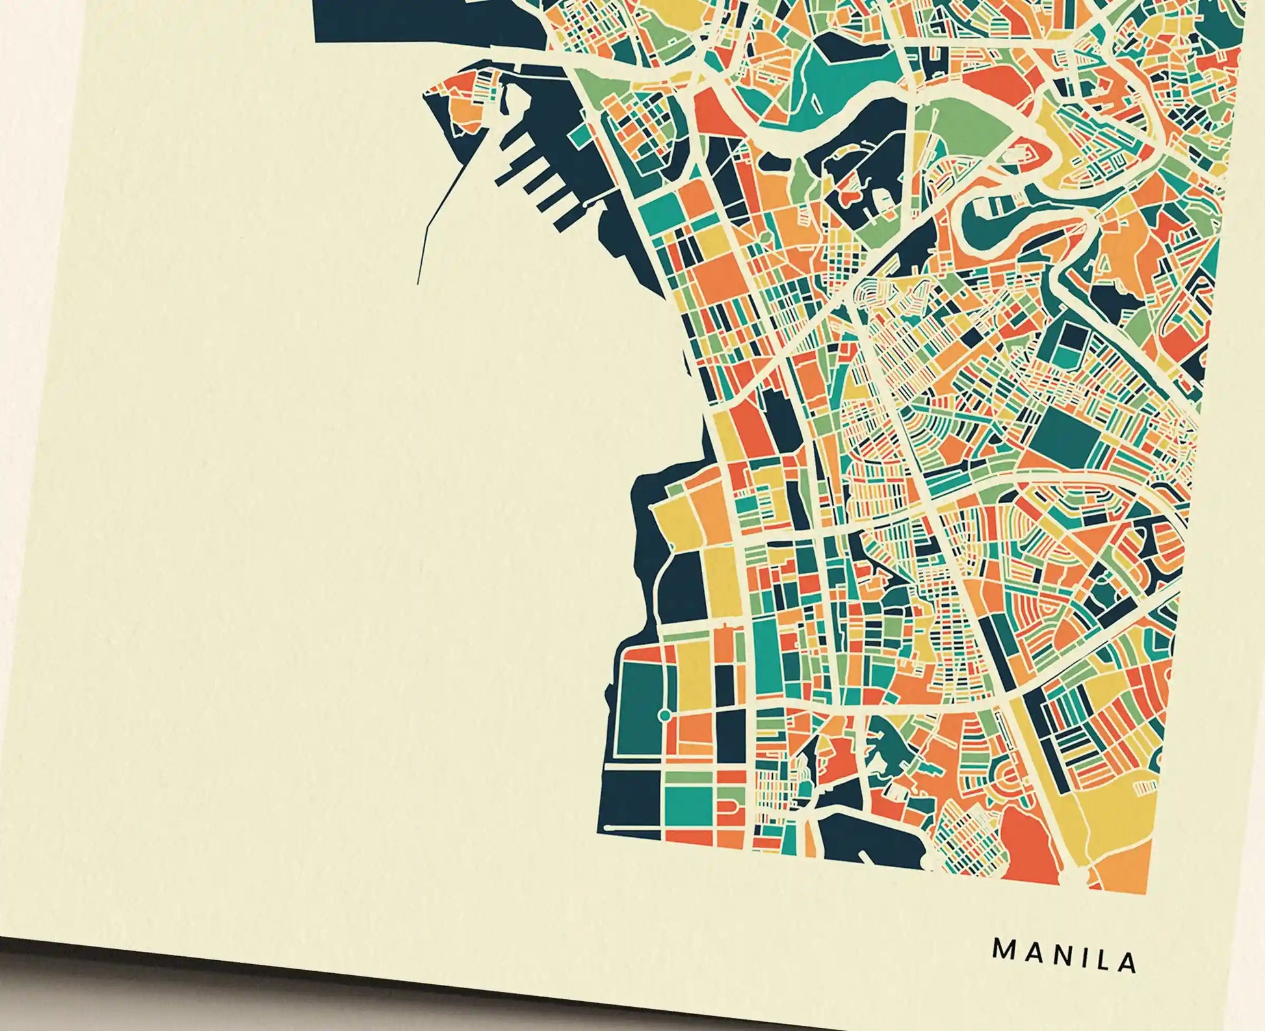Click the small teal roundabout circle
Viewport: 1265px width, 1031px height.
click(664, 715)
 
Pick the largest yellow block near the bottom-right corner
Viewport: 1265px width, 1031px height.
click(1105, 813)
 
